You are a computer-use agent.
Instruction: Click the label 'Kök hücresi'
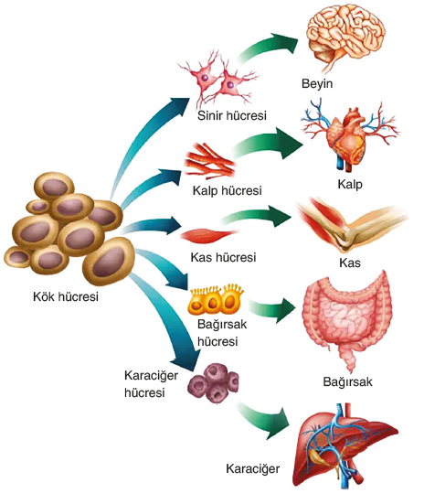[66, 296]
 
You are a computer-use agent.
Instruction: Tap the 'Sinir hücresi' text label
[231, 115]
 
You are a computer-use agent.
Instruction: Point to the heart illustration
[350, 136]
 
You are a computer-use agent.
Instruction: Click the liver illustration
[345, 446]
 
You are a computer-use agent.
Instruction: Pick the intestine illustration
[347, 321]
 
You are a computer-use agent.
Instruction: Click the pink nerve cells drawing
[218, 80]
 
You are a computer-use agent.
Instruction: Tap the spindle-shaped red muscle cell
[208, 235]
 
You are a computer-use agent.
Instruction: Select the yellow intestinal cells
[216, 300]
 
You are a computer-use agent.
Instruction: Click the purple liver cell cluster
[214, 383]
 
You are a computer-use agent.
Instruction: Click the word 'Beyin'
[317, 84]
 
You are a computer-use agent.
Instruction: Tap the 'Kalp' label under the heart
[350, 185]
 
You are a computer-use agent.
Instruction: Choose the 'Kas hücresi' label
[223, 257]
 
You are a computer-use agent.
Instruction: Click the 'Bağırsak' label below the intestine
[347, 382]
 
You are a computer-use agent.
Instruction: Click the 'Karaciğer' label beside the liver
[253, 469]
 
